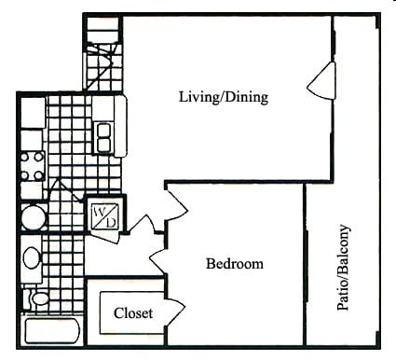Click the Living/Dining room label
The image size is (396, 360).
coord(224,96)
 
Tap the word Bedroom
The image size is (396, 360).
coord(234,264)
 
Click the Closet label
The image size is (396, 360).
coord(133,313)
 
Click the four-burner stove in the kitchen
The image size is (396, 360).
coord(32,165)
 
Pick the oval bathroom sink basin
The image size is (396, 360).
coord(32,258)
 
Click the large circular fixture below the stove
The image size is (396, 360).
coord(33,218)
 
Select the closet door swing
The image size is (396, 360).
coord(175,312)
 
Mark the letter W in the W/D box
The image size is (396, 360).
coord(98,211)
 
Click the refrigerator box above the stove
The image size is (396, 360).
coord(31,114)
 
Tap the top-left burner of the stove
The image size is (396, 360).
coord(25,158)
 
